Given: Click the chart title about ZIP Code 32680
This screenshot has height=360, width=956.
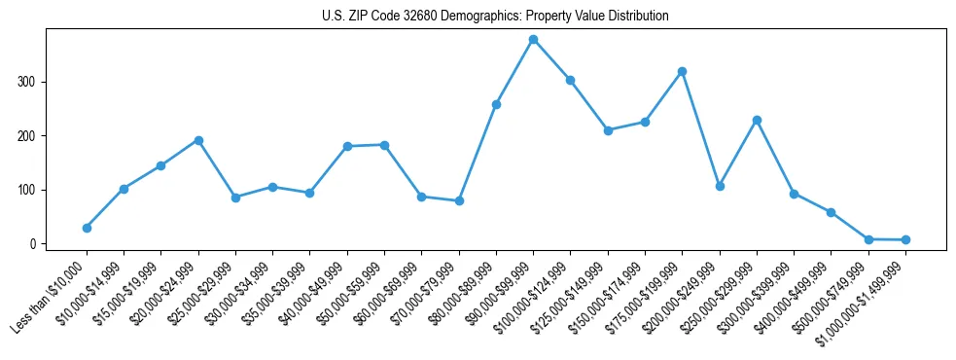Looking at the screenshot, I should (x=495, y=17).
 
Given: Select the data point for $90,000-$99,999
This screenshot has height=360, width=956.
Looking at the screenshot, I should (x=533, y=40).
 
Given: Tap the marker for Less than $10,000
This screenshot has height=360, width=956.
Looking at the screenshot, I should (x=87, y=228).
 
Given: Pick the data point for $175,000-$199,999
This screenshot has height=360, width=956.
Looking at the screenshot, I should (x=682, y=71).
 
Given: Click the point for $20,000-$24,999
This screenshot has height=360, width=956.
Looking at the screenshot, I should (x=198, y=140).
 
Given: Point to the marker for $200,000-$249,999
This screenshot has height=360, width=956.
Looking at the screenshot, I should (x=720, y=186).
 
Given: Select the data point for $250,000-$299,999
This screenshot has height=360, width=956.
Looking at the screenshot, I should (x=757, y=120).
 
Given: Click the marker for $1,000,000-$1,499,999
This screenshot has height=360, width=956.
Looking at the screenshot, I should (x=905, y=239).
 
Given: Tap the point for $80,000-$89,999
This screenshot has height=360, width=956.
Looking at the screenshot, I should (x=496, y=104).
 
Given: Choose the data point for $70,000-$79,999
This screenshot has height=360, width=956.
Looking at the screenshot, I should (x=459, y=200).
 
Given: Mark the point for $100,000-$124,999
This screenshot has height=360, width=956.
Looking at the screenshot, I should (x=570, y=80).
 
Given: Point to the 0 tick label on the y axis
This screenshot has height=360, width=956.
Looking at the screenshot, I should (x=34, y=244).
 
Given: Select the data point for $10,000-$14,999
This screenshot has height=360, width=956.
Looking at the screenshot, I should (x=124, y=189).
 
